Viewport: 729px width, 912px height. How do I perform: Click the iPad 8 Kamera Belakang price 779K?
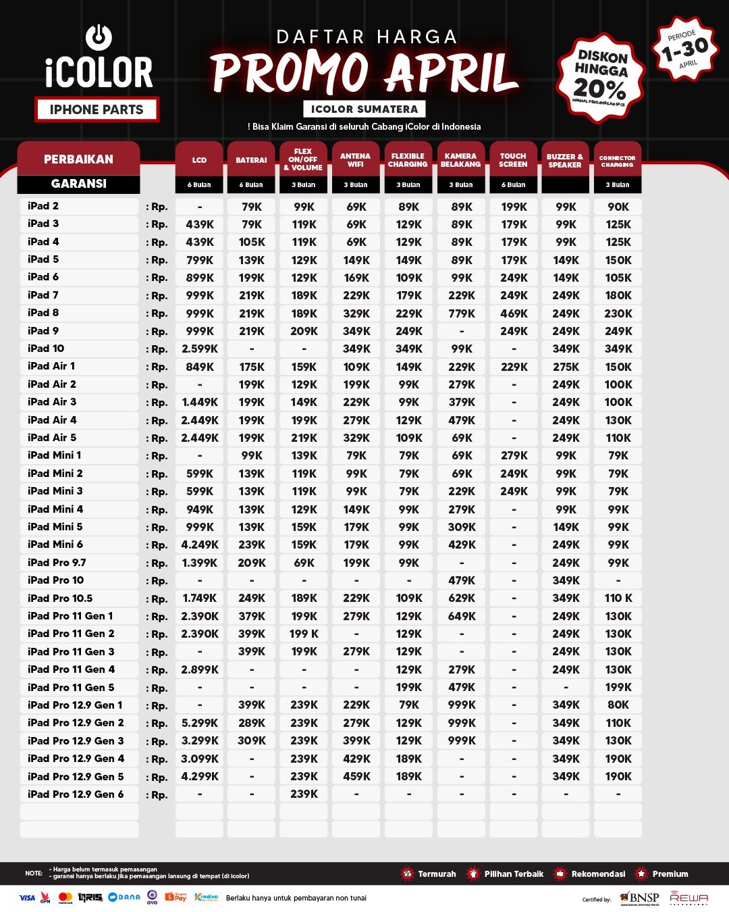462,313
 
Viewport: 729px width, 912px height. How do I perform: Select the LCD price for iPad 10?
200,349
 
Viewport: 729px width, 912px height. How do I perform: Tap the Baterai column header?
251,160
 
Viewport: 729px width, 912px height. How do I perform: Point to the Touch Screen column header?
513,160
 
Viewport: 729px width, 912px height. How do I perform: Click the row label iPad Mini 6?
55,544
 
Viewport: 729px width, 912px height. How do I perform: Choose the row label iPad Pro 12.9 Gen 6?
76,794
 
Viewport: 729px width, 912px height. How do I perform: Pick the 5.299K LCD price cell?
200,723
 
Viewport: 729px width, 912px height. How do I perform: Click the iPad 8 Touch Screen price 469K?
514,313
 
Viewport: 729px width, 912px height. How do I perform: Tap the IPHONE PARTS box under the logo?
97,109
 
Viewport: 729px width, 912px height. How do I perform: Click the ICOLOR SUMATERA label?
364,109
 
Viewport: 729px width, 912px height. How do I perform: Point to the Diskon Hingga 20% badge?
600,78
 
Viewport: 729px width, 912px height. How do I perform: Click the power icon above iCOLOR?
99,37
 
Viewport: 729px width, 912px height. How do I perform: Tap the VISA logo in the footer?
27,898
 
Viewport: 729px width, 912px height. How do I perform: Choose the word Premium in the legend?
670,874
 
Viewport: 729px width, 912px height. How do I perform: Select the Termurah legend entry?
436,874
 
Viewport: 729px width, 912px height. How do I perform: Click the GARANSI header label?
78,184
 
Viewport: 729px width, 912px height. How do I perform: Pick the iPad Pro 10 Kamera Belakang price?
462,580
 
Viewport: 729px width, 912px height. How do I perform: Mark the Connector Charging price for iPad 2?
618,207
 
